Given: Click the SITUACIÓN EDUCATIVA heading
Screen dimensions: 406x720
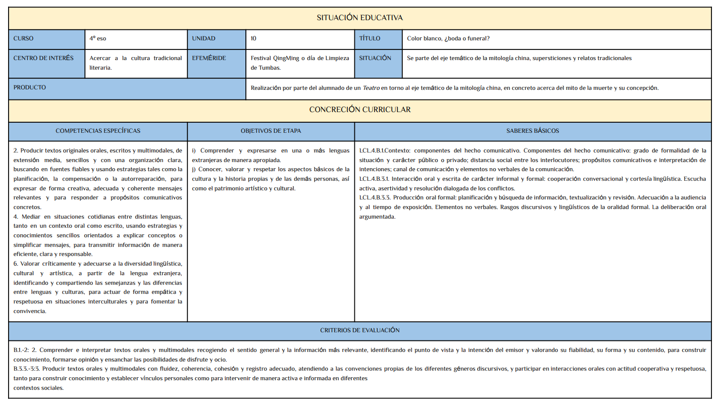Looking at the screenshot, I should click(359, 18).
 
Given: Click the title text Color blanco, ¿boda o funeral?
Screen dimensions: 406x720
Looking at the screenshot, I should click(448, 38).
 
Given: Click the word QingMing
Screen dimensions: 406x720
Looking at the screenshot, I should click(286, 58).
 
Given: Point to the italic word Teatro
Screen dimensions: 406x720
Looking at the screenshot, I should click(371, 88).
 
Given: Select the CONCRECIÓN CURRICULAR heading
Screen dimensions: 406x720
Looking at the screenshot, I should click(359, 110).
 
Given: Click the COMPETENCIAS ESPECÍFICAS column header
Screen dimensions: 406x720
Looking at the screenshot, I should click(98, 131).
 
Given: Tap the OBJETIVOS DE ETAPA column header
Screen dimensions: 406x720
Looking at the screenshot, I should click(271, 131).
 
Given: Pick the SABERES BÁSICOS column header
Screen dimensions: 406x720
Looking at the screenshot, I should click(532, 131).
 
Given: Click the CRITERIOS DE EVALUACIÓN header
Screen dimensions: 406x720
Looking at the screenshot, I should click(359, 330).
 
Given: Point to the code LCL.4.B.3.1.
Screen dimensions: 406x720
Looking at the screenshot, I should click(374, 179).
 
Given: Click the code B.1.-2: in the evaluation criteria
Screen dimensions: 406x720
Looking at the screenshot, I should click(21, 350).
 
